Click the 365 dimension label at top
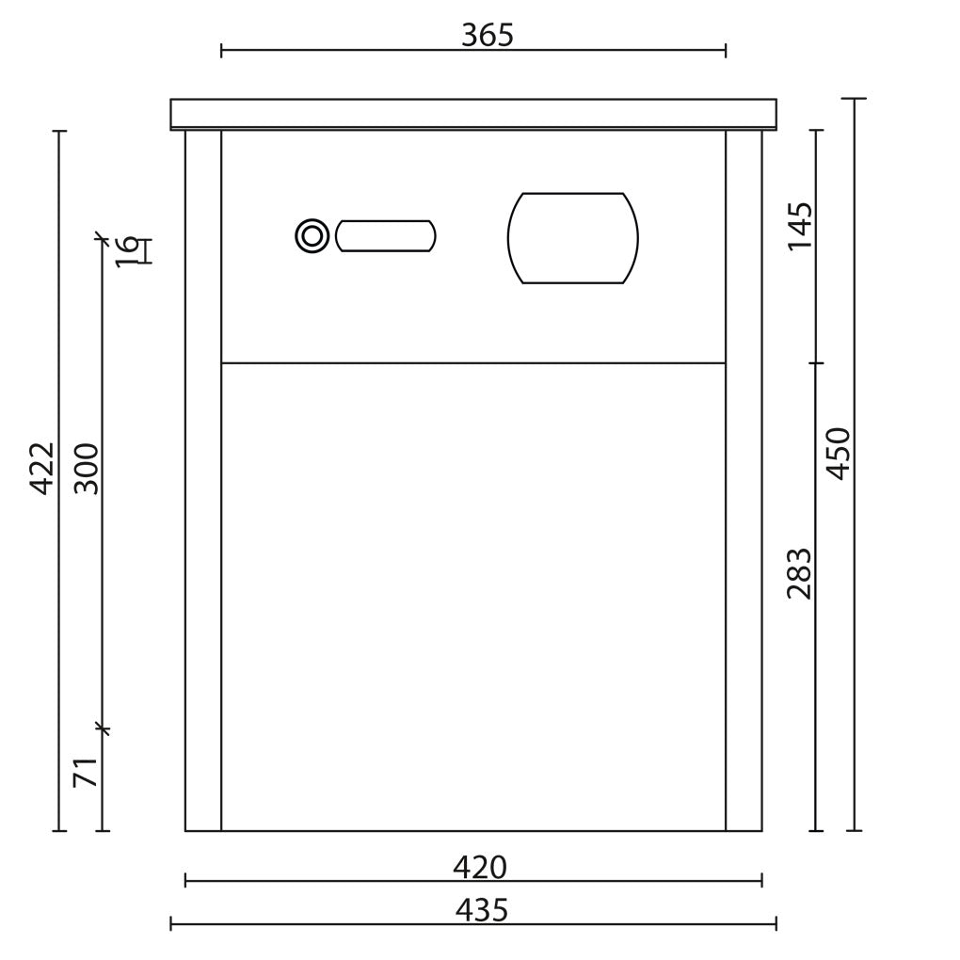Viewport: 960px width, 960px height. coord(488,36)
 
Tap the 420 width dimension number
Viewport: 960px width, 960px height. coord(480,868)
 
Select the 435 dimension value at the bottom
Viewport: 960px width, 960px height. coord(482,910)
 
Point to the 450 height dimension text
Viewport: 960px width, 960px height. coord(839,454)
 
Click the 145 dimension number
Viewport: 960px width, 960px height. coord(800,225)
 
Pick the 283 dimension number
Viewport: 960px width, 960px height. coord(800,574)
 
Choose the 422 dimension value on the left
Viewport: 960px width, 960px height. coord(42,469)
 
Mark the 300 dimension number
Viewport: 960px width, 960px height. coord(86,469)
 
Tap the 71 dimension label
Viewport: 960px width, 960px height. coord(86,772)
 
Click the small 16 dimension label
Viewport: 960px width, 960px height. coord(127,251)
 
